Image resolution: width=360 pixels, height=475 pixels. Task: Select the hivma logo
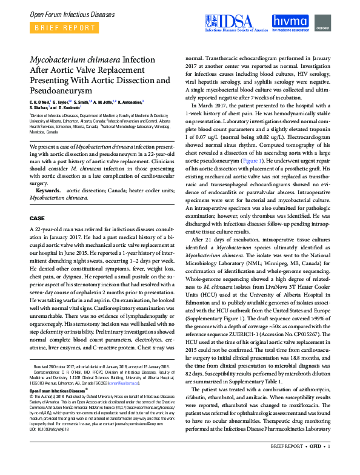tap(290, 23)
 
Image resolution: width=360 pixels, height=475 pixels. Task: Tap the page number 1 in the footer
tap(328, 463)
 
